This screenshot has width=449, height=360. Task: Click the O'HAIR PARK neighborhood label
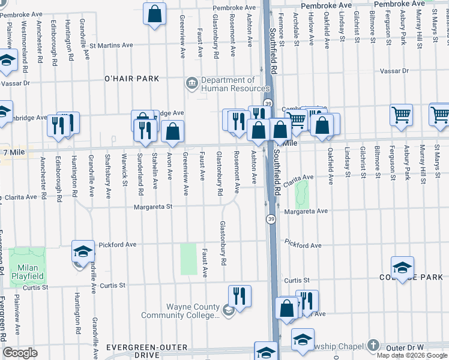point(131,79)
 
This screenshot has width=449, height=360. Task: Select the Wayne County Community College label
point(184,311)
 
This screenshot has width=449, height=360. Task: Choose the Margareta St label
point(157,206)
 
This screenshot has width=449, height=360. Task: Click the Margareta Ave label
point(306,211)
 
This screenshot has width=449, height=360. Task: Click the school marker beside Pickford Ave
point(83,251)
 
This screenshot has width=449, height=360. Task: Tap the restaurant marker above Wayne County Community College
point(240,296)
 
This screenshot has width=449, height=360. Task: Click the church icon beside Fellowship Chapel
point(373,346)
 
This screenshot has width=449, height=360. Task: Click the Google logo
point(20,353)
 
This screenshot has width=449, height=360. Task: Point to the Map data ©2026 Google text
point(412,355)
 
